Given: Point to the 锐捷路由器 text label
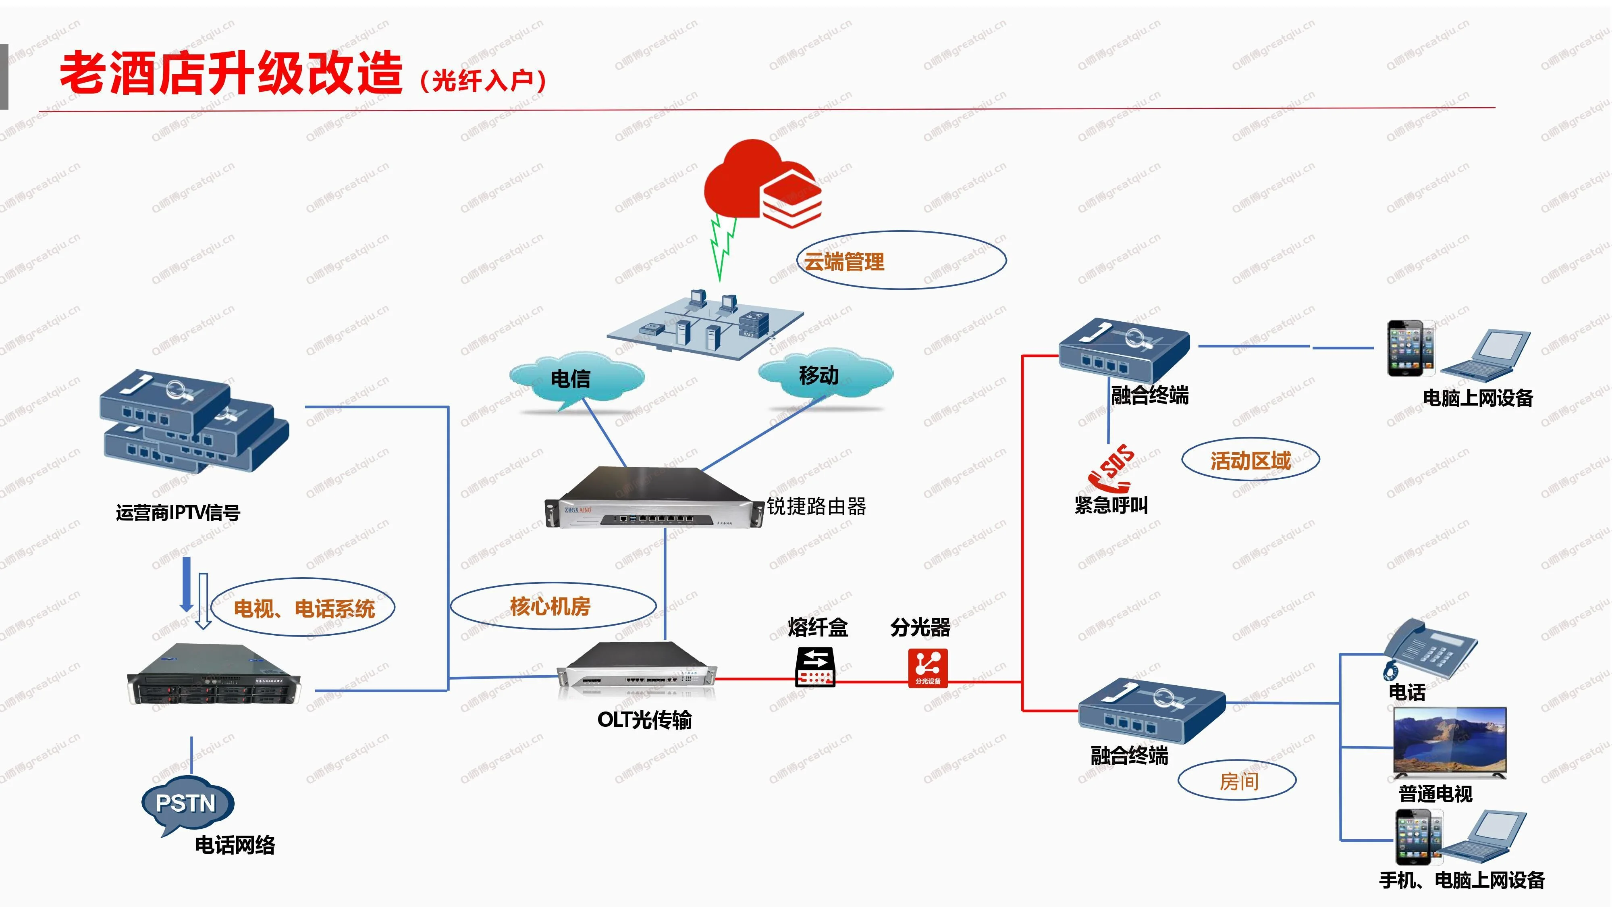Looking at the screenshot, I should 816,506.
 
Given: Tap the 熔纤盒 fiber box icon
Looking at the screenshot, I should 815,667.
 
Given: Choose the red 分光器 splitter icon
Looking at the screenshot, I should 927,667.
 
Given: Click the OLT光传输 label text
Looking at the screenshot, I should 644,720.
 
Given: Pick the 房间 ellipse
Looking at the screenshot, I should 1237,780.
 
